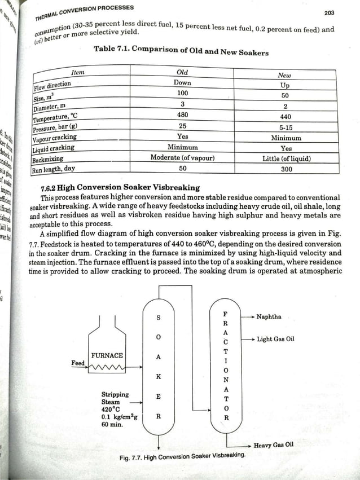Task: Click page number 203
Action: pos(330,12)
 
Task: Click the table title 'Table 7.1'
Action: pos(181,51)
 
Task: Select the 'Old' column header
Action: pos(182,73)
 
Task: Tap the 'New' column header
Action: pos(284,75)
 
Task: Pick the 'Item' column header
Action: pos(78,73)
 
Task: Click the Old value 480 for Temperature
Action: pos(182,114)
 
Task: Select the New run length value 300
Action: pos(286,169)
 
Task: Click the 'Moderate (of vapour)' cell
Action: pos(182,157)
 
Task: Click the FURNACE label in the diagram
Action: pos(107,355)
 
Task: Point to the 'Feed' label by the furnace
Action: pos(78,363)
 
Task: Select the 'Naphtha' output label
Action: pos(269,317)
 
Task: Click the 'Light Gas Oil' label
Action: pos(275,340)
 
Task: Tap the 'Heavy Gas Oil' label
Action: pos(274,445)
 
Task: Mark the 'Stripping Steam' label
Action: pos(115,398)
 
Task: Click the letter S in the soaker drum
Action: pos(159,318)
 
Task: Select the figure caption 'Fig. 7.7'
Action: pos(183,456)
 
